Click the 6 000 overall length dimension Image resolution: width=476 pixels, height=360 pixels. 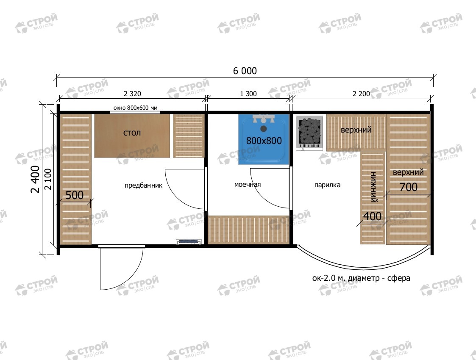245,71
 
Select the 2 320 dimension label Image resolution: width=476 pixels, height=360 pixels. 132,94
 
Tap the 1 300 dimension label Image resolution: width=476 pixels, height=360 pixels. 248,94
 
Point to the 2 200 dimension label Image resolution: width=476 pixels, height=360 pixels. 361,94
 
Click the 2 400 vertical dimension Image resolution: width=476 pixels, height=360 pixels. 35,179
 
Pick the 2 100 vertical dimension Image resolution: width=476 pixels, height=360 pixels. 48,179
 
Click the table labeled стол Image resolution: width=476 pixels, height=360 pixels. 132,136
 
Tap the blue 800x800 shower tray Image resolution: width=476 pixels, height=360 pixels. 264,139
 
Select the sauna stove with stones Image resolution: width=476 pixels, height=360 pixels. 309,133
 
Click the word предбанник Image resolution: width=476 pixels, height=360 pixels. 143,186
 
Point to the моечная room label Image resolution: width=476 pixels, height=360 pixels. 248,184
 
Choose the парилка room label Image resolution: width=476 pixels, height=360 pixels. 327,185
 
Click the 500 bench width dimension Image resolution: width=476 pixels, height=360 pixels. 74,195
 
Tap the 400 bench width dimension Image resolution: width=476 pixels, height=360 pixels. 373,216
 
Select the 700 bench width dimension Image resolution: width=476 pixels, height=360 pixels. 408,187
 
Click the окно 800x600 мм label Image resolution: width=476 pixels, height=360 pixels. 135,108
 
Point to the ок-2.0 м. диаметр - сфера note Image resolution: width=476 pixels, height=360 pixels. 361,278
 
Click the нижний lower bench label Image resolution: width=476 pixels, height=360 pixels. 373,187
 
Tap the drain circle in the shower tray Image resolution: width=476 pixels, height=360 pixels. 264,129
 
